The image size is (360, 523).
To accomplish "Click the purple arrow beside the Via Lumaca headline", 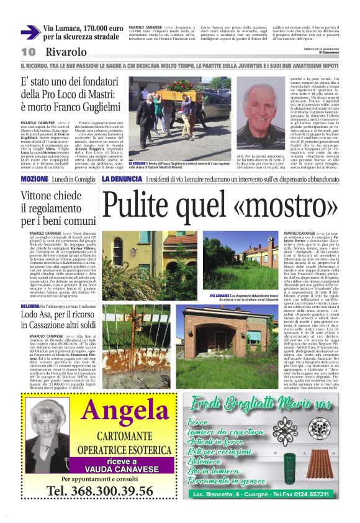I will (30, 33).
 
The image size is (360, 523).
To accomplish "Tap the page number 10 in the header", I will (28, 52).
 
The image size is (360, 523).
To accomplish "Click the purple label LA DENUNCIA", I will (122, 180).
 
